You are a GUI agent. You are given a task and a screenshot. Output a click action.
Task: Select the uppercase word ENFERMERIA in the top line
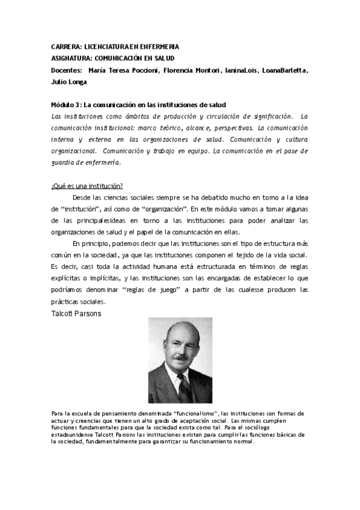pos(157,46)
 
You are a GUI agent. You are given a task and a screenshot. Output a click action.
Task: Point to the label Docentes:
pos(67,70)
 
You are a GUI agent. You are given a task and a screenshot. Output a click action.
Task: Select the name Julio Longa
pos(70,82)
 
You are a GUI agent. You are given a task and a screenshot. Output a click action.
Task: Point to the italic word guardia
pos(63,162)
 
